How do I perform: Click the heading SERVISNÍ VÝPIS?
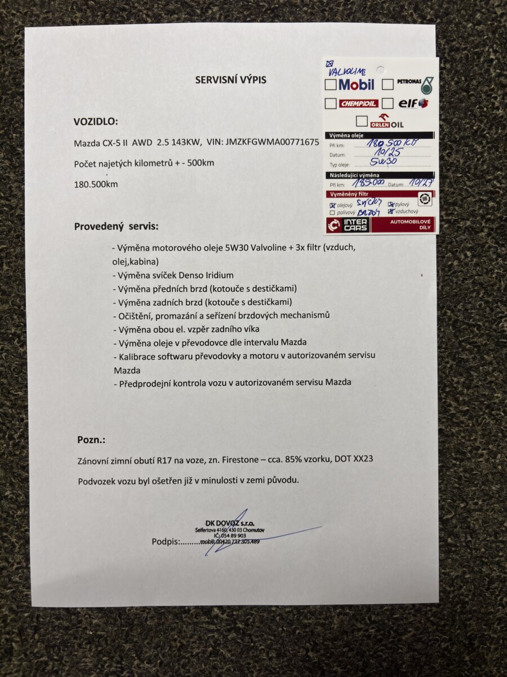230,80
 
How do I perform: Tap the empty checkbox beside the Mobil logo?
331,85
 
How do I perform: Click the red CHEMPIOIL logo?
358,104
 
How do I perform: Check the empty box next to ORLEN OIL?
362,121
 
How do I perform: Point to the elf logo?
413,104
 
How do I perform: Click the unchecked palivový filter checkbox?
332,213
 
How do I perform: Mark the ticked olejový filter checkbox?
332,205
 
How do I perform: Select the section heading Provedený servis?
117,227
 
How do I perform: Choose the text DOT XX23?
353,459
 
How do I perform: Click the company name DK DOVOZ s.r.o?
230,522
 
